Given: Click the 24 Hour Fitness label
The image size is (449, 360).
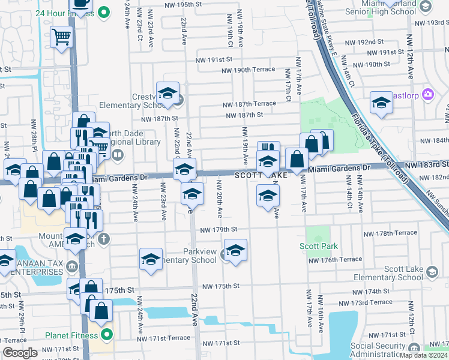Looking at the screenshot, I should [x=66, y=12].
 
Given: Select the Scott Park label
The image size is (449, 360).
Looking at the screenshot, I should [x=319, y=246].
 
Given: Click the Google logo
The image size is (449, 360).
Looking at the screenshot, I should [x=20, y=352].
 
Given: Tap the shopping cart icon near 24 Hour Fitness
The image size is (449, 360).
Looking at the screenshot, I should [x=61, y=38].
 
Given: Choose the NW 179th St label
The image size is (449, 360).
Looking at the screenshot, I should [x=218, y=230].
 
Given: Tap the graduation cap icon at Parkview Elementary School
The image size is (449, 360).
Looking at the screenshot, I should [x=235, y=250].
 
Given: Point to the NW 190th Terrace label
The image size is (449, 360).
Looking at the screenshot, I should [x=247, y=70].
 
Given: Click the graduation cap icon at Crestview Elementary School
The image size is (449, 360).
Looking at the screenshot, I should [x=167, y=93].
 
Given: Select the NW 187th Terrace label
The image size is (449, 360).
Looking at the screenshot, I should [x=249, y=104].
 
